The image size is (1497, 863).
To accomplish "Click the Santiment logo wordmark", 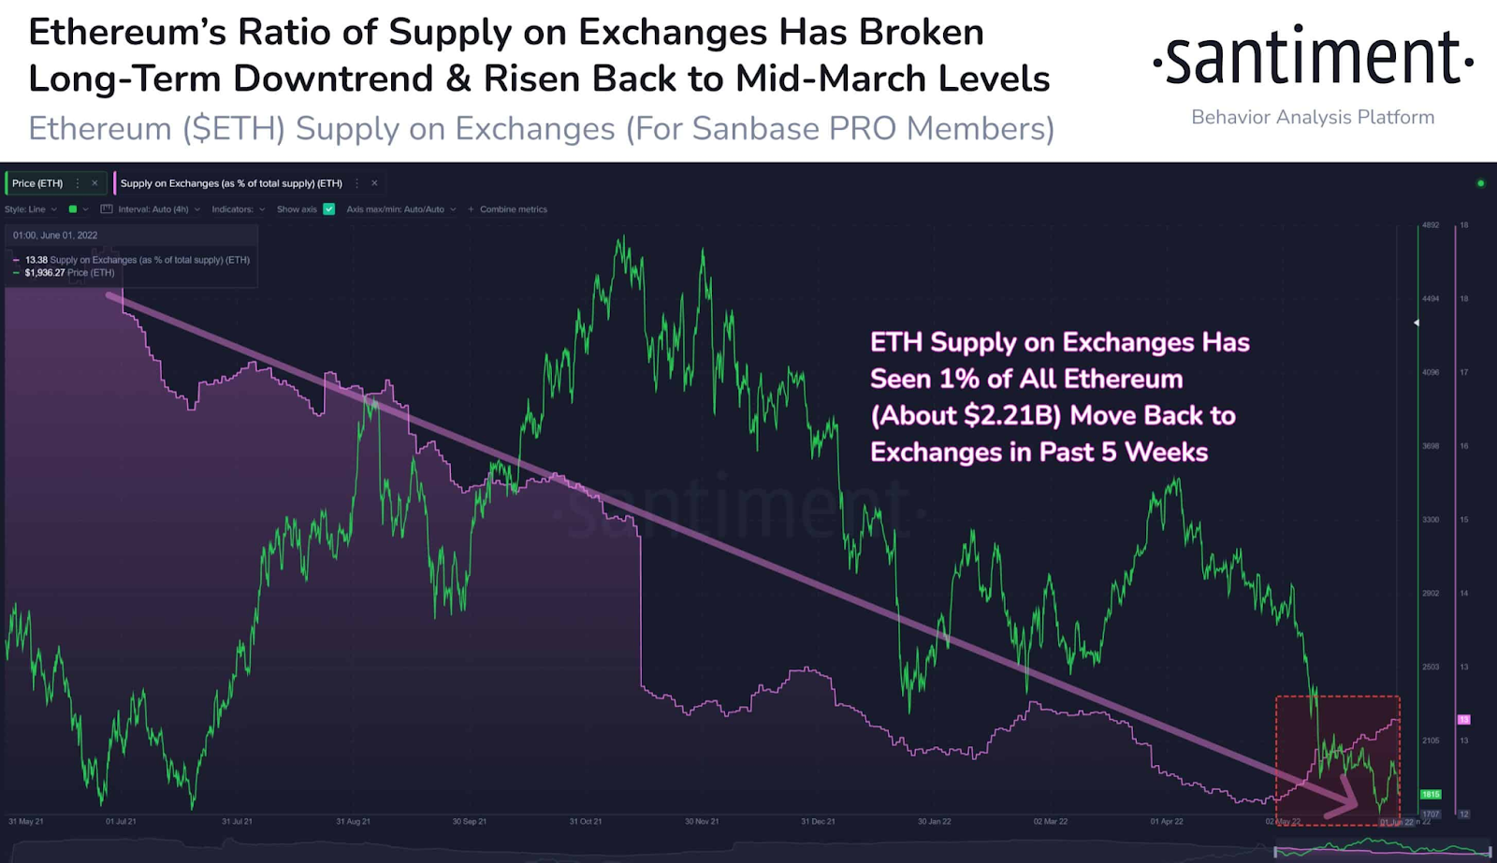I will coord(1313,58).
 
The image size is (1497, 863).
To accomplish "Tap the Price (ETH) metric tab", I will coord(37,183).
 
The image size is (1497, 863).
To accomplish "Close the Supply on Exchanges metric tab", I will coord(374,183).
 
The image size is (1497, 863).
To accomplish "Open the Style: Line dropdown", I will coord(30,209).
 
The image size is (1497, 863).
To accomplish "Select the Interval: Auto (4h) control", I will coord(152,209).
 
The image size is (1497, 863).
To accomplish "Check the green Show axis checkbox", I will coord(329,209).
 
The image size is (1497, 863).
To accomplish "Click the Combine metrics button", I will coord(512,209).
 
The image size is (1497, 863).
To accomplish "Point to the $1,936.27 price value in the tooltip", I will coord(45,273).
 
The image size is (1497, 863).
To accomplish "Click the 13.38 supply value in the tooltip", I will coord(36,260).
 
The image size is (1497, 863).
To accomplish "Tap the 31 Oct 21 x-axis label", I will coord(586,822).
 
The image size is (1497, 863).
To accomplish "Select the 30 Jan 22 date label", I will coord(934,822).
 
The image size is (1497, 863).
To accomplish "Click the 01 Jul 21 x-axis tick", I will coord(121,822).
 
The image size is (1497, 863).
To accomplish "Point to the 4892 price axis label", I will coord(1431,225).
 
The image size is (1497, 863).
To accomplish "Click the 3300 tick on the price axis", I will coord(1431,520).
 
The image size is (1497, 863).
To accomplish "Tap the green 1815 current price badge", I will coord(1431,795).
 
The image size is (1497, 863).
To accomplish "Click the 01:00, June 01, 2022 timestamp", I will coord(55,236).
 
